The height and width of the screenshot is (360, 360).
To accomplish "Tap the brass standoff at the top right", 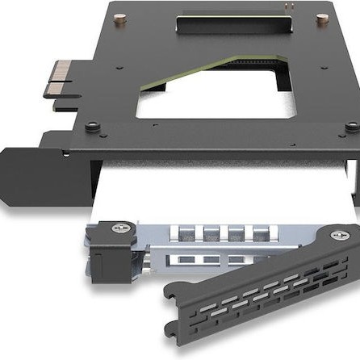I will click(x=322, y=18).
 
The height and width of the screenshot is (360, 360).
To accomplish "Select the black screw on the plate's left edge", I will click(x=94, y=126).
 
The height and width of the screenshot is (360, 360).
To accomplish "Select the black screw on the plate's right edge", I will click(x=351, y=127).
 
